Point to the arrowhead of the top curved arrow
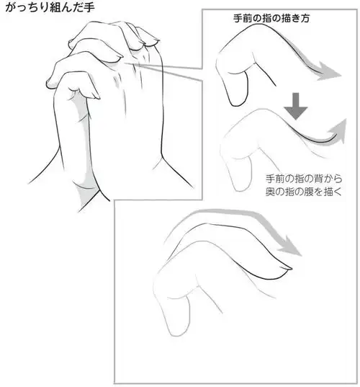coord(331,71)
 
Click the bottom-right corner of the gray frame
coord(352,381)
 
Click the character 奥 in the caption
coord(271,192)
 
